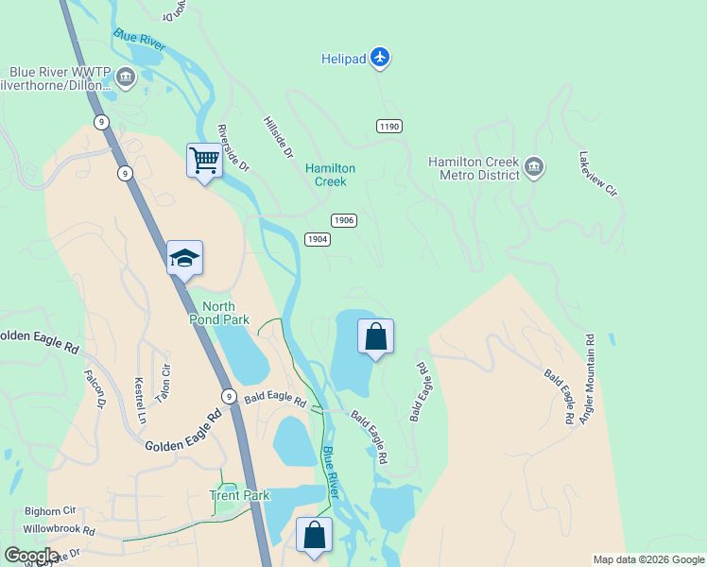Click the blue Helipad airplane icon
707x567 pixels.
pyautogui.click(x=380, y=58)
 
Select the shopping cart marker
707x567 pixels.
pyautogui.click(x=204, y=161)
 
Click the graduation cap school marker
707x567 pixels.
pyautogui.click(x=184, y=257)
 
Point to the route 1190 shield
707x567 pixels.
pyautogui.click(x=389, y=126)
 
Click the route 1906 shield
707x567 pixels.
pyautogui.click(x=344, y=219)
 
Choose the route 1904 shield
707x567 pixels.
pyautogui.click(x=318, y=239)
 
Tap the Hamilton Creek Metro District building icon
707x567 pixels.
pyautogui.click(x=534, y=168)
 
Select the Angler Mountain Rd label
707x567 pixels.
pyautogui.click(x=588, y=377)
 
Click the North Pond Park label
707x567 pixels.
pyautogui.click(x=226, y=313)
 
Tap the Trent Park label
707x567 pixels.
pyautogui.click(x=239, y=495)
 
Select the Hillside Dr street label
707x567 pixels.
pyautogui.click(x=279, y=138)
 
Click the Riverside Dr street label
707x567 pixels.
pyautogui.click(x=233, y=147)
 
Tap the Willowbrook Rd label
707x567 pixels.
pyautogui.click(x=60, y=530)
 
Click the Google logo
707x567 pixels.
pyautogui.click(x=31, y=555)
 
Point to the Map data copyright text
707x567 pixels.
pyautogui.click(x=648, y=559)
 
